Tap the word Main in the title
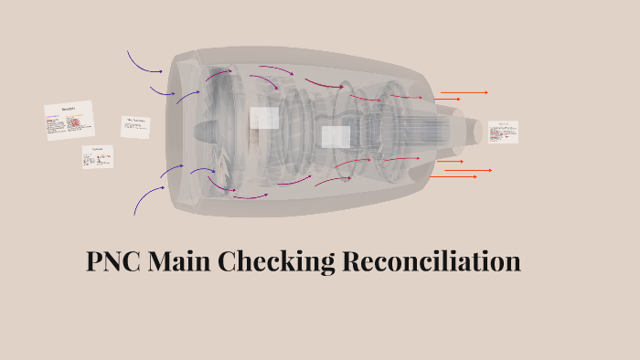point(181,262)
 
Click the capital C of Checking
point(229,262)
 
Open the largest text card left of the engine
point(69,121)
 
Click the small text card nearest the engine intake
point(135,126)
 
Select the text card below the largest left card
point(98,157)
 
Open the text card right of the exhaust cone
point(502,132)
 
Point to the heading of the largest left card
point(69,109)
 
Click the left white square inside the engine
point(264,118)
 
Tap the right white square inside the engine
point(336,137)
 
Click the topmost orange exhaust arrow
point(464,92)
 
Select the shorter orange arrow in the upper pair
point(447,99)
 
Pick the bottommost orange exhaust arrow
point(454,176)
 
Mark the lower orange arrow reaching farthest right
point(469,170)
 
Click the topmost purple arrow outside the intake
point(144,62)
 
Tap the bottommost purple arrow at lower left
point(146,198)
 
